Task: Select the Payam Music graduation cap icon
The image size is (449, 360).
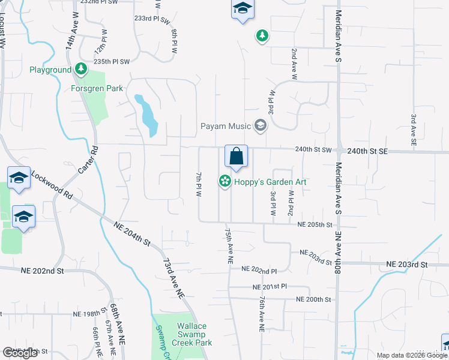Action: click(260, 125)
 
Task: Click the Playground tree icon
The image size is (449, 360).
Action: click(82, 70)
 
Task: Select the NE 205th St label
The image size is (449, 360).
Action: click(315, 224)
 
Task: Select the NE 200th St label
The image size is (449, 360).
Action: click(315, 299)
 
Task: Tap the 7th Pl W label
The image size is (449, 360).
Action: click(197, 184)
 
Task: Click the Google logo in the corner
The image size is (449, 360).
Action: click(20, 353)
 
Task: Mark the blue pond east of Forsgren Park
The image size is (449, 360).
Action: click(146, 115)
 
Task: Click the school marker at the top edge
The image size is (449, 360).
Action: click(242, 10)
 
